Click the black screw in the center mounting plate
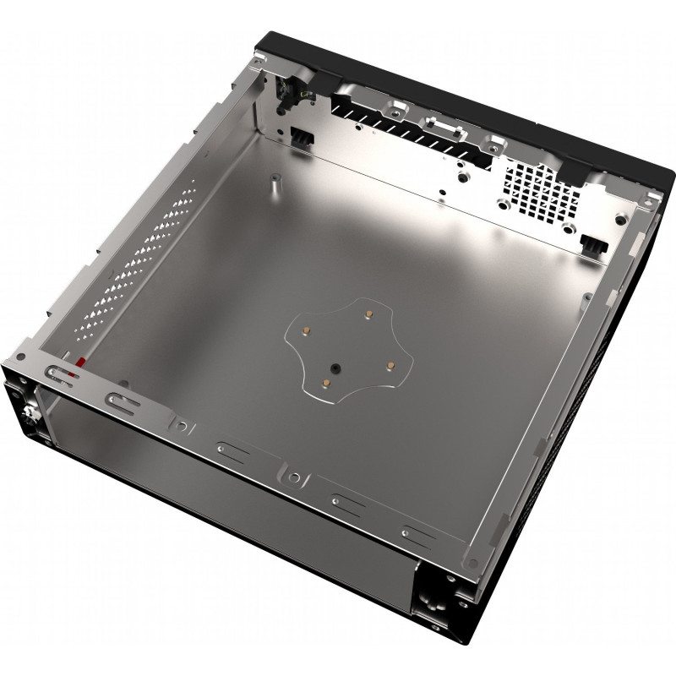pyautogui.click(x=335, y=368)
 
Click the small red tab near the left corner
pyautogui.click(x=81, y=363)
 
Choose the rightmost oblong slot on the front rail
pyautogui.click(x=420, y=532)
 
